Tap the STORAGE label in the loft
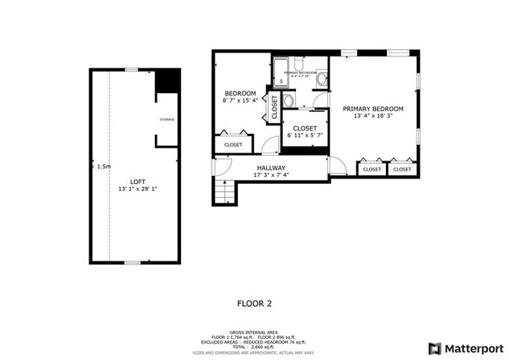click(167, 120)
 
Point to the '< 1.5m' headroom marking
click(102, 167)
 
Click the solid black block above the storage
click(167, 81)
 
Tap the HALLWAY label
click(271, 167)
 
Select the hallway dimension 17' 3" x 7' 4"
click(271, 175)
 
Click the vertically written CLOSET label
click(274, 107)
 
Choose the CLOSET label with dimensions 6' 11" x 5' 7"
click(305, 128)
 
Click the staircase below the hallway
click(224, 192)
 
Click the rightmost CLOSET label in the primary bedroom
click(403, 169)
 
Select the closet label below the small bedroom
click(233, 145)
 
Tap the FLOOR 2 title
click(254, 302)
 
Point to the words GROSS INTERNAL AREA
click(254, 331)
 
